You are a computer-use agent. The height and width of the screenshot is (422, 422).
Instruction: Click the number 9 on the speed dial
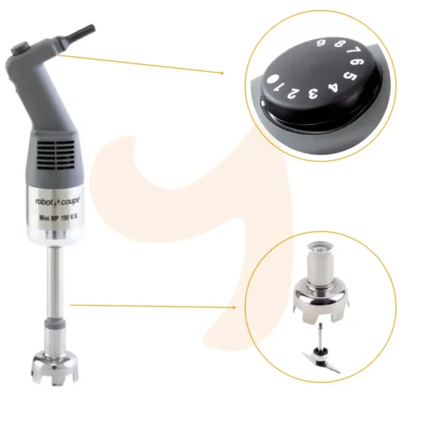[x=320, y=42]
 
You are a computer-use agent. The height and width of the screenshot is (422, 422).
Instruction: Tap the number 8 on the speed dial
[x=339, y=43]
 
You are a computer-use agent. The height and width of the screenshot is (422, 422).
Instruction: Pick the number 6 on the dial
[x=357, y=63]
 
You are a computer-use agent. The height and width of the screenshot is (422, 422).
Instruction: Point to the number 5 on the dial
[x=350, y=77]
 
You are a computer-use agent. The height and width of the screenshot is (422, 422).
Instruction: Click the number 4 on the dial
[x=333, y=88]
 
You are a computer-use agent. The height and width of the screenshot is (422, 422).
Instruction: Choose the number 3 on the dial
[x=313, y=94]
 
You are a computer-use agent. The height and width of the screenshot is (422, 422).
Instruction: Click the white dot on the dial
[x=273, y=79]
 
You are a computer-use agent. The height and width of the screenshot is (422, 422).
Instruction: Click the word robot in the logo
[x=45, y=202]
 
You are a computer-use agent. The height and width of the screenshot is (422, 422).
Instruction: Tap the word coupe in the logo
[x=70, y=202]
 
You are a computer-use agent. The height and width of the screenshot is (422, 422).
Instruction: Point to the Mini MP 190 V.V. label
[x=59, y=217]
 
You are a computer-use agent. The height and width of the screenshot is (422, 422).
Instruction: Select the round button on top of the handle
[x=20, y=48]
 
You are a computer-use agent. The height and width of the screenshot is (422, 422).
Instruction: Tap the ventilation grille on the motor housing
[x=55, y=155]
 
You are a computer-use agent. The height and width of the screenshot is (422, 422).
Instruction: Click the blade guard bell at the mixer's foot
[x=55, y=367]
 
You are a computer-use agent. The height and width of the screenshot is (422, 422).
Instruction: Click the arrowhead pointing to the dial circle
[x=222, y=73]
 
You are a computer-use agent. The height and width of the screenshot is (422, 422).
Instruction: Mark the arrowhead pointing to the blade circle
[x=234, y=307]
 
